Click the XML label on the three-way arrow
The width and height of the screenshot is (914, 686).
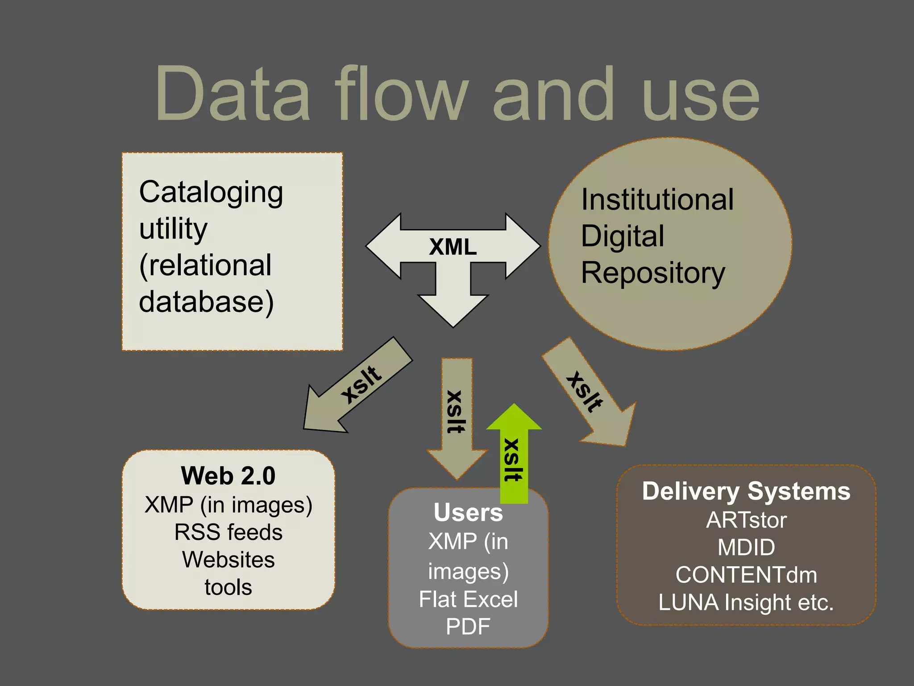[453, 247]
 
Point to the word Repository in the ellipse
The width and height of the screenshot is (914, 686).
[652, 273]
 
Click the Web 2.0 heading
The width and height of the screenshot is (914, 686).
[228, 476]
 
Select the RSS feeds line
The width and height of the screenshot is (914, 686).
[228, 532]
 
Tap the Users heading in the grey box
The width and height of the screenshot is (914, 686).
[468, 512]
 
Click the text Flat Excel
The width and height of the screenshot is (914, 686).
[468, 599]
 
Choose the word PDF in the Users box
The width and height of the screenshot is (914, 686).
[468, 627]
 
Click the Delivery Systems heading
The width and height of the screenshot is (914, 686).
[746, 491]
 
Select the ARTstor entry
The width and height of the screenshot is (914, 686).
[746, 520]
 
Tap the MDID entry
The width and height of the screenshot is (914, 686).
[746, 548]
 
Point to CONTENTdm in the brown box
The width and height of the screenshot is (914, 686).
[746, 575]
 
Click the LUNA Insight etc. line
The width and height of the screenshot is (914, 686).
[746, 602]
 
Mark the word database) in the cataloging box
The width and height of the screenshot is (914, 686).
[206, 302]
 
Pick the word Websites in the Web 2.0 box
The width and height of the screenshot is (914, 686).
[228, 560]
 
